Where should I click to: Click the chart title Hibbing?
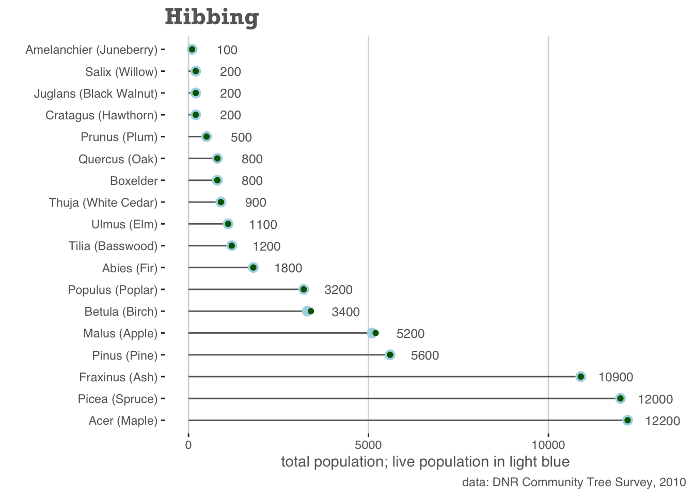(x=212, y=18)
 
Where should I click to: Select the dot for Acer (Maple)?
(x=627, y=421)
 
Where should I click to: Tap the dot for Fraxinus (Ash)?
(x=580, y=377)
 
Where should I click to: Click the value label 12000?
(x=655, y=399)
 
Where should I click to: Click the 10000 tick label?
(x=548, y=445)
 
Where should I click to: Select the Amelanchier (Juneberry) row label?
(x=91, y=50)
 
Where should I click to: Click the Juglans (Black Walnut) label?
(x=96, y=94)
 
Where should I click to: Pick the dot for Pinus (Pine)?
(x=390, y=354)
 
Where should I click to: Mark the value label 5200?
(x=411, y=334)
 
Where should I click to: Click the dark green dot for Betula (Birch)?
(x=311, y=311)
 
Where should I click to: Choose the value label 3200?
(x=338, y=290)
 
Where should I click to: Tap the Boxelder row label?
(x=134, y=181)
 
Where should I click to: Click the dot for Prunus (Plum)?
(x=207, y=137)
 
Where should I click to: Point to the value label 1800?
(x=288, y=269)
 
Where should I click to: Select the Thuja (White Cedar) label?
(x=103, y=203)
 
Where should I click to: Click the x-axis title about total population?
(x=425, y=462)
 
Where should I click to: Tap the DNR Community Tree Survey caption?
(x=574, y=483)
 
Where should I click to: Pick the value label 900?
(x=256, y=203)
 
